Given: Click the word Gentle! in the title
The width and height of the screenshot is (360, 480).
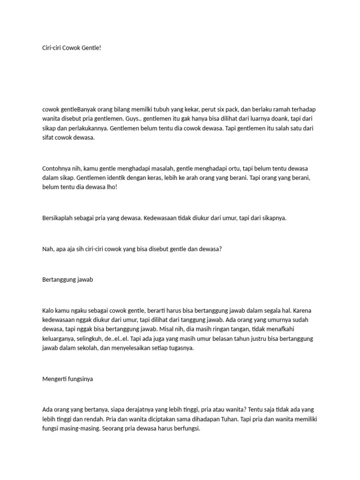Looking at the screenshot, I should [x=91, y=47].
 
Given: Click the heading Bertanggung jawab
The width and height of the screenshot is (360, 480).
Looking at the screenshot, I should [x=67, y=279].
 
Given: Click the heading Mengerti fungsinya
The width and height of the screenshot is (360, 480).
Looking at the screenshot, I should [x=67, y=379].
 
